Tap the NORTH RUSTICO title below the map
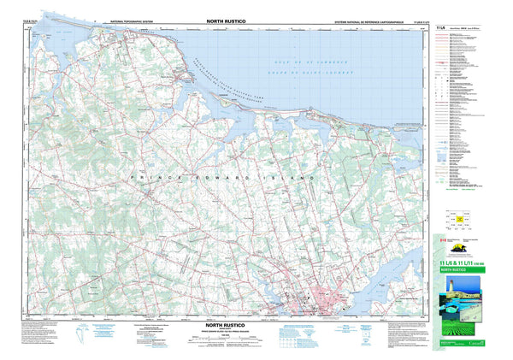point(225,326)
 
